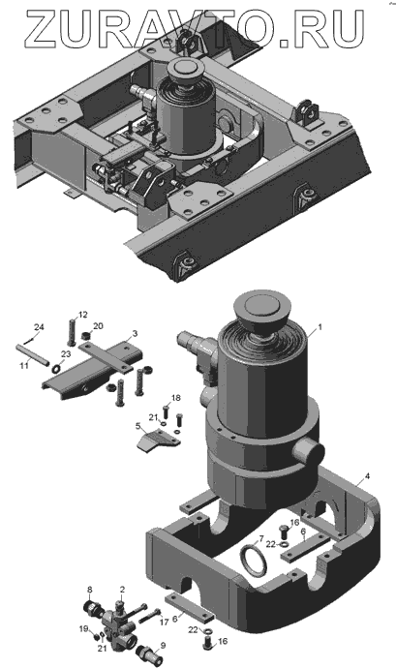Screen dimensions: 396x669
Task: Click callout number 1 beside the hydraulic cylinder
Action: pyautogui.click(x=320, y=328)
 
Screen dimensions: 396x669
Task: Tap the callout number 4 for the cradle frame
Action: pyautogui.click(x=367, y=475)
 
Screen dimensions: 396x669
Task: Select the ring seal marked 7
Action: pyautogui.click(x=255, y=560)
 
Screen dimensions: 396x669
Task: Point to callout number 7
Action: pyautogui.click(x=261, y=538)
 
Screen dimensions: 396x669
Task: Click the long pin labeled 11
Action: pyautogui.click(x=33, y=353)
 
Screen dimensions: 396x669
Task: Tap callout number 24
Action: pyautogui.click(x=39, y=327)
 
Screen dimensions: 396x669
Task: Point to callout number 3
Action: pyautogui.click(x=135, y=333)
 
